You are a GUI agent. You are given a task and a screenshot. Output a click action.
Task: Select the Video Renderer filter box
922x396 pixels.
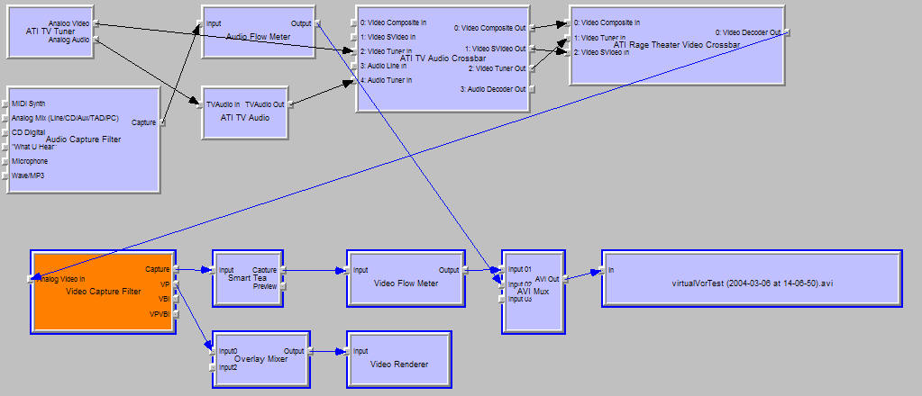[x=398, y=364]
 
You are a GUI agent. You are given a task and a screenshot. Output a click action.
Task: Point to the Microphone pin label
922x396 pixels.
[x=30, y=161]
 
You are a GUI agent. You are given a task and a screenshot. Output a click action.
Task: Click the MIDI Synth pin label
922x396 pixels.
[x=30, y=103]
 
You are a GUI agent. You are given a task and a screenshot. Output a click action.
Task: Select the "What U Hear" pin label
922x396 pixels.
[x=34, y=147]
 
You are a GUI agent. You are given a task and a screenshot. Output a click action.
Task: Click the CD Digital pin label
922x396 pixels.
[x=29, y=132]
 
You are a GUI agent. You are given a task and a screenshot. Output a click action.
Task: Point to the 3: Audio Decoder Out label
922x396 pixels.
[x=493, y=88]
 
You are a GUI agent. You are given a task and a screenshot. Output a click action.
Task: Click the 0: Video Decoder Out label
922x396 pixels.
[x=747, y=32]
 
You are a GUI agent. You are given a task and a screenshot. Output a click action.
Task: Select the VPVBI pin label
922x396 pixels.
[x=160, y=314]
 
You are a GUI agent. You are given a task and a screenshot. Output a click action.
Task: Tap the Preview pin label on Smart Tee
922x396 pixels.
[x=264, y=286]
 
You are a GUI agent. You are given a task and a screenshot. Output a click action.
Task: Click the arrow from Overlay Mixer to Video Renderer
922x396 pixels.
[x=327, y=351]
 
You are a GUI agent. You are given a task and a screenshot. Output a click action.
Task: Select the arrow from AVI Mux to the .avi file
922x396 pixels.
[x=582, y=273]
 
